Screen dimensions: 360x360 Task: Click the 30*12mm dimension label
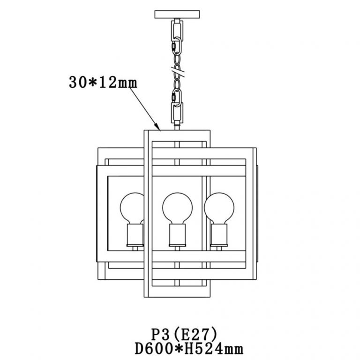click(x=103, y=83)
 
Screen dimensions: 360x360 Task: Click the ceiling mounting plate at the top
click(x=177, y=14)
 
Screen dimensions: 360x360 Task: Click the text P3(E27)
click(x=184, y=334)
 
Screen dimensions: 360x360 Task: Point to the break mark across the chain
click(x=177, y=72)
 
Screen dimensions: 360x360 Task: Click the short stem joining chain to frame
click(x=177, y=126)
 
